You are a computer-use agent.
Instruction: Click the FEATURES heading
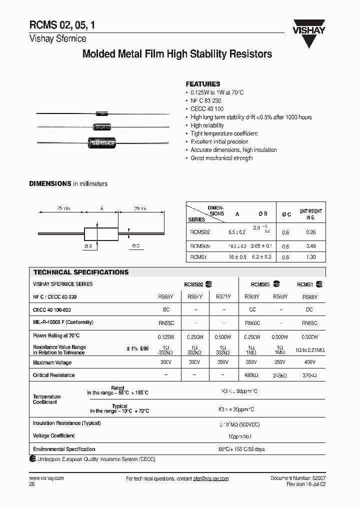(x=202, y=84)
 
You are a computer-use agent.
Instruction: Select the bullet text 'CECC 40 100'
(x=207, y=109)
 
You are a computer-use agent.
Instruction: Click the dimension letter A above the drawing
(x=102, y=208)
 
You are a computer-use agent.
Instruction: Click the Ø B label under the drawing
(x=88, y=246)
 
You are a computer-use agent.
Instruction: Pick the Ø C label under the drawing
(x=136, y=246)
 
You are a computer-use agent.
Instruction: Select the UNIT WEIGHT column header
(x=310, y=214)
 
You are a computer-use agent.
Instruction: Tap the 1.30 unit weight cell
(x=310, y=257)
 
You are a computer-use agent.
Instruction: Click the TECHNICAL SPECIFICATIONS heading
(x=81, y=272)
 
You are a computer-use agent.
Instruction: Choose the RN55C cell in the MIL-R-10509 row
(x=166, y=323)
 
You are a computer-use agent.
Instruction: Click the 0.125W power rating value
(x=166, y=336)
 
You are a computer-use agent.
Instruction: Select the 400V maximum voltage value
(x=309, y=362)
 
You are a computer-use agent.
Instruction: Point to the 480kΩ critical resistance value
(x=252, y=375)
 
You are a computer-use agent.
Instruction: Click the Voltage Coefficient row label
(x=53, y=436)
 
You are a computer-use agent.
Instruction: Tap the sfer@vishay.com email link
(x=210, y=478)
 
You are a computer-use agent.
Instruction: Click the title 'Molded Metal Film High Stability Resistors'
(x=177, y=54)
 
